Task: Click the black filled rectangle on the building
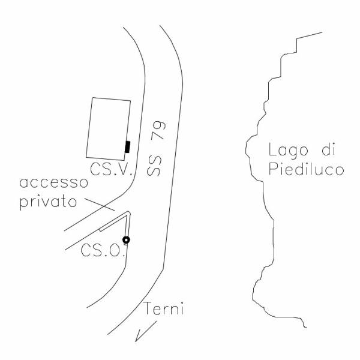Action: pyautogui.click(x=127, y=147)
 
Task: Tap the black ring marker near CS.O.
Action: pyautogui.click(x=126, y=240)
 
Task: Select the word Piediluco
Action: pyautogui.click(x=306, y=169)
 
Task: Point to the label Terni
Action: pyautogui.click(x=163, y=308)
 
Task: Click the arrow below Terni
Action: pyautogui.click(x=146, y=331)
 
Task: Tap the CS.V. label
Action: pyautogui.click(x=112, y=169)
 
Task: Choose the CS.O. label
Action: pyautogui.click(x=103, y=250)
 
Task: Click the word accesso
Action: pyautogui.click(x=54, y=183)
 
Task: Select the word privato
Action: pyautogui.click(x=48, y=202)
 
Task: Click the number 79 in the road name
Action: pyautogui.click(x=158, y=130)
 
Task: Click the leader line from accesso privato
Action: pyautogui.click(x=100, y=205)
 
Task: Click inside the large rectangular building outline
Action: pyautogui.click(x=109, y=128)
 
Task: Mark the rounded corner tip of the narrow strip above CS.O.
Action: pyautogui.click(x=129, y=213)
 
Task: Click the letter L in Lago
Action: pyautogui.click(x=272, y=149)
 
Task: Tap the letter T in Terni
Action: pyautogui.click(x=149, y=308)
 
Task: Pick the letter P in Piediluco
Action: pyautogui.click(x=273, y=169)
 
